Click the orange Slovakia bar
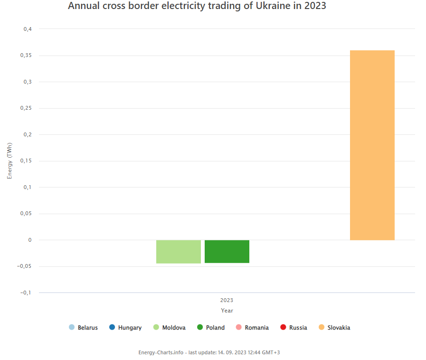(372, 145)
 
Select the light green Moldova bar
(179, 251)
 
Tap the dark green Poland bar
(227, 251)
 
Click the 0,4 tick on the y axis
(28, 29)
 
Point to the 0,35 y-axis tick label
(26, 56)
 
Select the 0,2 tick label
(28, 134)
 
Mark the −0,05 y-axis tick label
(25, 266)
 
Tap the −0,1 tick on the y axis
(26, 293)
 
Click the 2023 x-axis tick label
(227, 301)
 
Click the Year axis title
(227, 311)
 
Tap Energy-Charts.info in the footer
(161, 352)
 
